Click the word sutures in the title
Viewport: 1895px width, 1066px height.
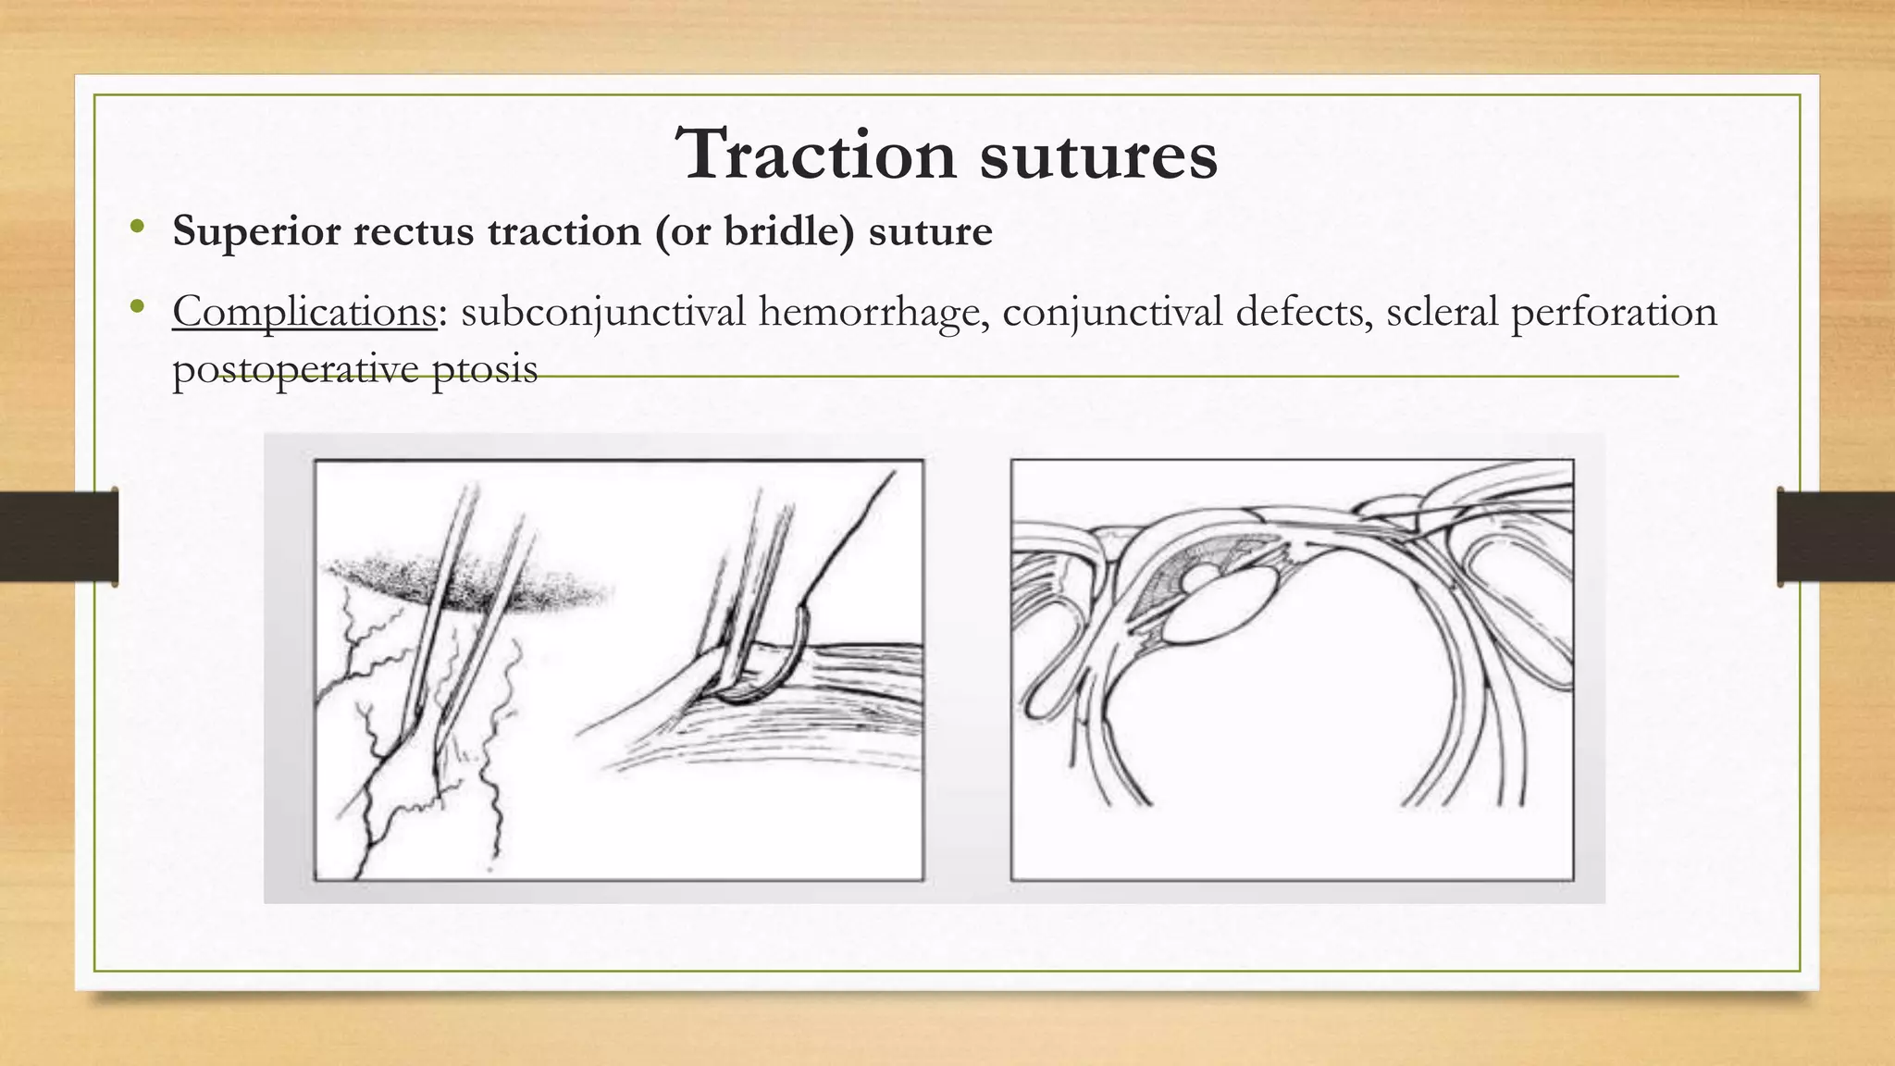(1098, 155)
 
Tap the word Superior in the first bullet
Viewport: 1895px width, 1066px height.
(256, 230)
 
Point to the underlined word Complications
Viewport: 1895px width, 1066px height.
(303, 312)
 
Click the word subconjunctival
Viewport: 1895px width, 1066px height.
(603, 312)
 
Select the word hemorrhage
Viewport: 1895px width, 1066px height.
(872, 312)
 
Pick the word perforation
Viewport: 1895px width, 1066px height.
(1614, 312)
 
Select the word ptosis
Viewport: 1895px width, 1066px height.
(485, 369)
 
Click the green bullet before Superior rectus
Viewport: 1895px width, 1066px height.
(138, 227)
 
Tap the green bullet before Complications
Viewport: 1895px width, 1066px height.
(138, 307)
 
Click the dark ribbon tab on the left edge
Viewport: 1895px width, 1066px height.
(58, 537)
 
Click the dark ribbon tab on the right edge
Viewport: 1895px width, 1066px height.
(1836, 537)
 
